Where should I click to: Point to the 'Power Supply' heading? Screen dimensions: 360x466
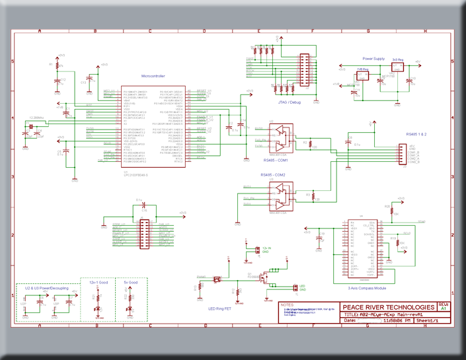tap(373, 59)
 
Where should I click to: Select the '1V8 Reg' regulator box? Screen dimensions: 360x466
tap(362, 75)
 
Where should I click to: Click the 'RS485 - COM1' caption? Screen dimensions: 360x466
tap(275, 161)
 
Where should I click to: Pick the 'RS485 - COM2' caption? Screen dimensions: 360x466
tap(274, 174)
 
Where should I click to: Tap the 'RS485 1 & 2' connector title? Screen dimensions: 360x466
tap(416, 134)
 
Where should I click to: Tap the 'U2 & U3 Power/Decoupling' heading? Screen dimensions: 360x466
tap(44, 289)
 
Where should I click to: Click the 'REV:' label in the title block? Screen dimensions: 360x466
tap(443, 305)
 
